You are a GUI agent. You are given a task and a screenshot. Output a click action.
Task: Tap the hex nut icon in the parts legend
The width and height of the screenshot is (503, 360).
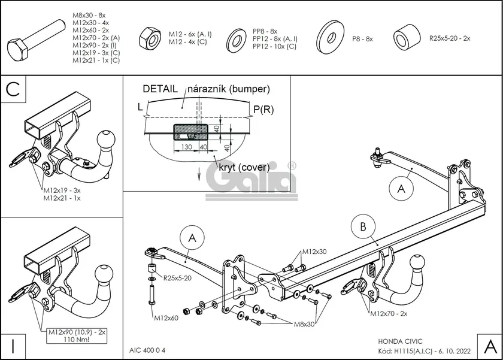pyautogui.click(x=148, y=38)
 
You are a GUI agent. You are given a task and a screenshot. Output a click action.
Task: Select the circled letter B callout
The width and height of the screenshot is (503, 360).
pyautogui.click(x=363, y=227)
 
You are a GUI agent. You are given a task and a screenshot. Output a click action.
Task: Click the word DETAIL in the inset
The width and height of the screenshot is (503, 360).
pyautogui.click(x=159, y=89)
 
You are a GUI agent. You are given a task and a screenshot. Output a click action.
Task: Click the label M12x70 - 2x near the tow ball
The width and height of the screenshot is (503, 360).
pyautogui.click(x=389, y=313)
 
